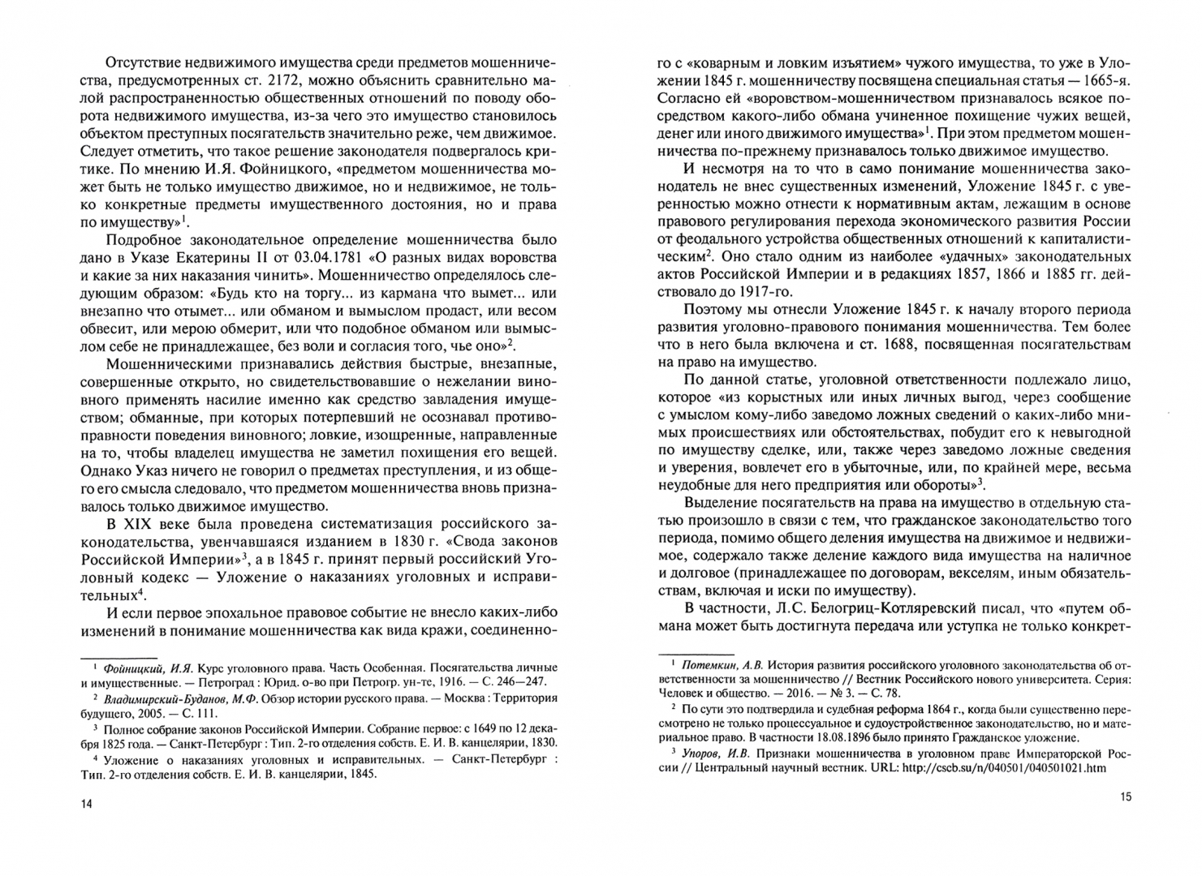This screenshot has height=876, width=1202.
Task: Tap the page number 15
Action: (x=1125, y=797)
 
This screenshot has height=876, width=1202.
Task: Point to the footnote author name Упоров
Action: (x=703, y=753)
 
